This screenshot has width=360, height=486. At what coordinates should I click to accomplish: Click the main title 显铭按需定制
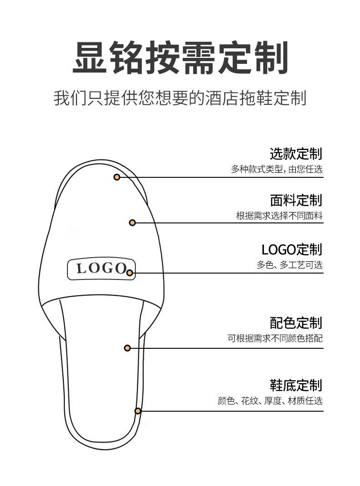180,58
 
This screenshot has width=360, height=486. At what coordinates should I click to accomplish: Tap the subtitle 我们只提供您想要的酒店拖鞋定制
180,98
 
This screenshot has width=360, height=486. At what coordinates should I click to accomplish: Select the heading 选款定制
296,154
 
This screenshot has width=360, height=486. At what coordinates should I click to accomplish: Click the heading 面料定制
296,200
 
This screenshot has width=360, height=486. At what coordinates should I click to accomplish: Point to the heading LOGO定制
292,249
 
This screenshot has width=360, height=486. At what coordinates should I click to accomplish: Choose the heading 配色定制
296,323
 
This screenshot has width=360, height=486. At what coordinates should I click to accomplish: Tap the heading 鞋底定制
296,385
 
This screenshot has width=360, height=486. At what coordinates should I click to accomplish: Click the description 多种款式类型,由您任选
277,169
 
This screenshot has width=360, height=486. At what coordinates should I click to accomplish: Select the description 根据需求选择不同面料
279,216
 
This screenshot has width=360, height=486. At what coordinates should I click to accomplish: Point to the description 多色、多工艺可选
289,265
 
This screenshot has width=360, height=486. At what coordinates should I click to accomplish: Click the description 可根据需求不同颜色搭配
275,338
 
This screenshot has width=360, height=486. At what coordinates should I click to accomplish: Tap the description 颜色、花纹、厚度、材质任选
270,401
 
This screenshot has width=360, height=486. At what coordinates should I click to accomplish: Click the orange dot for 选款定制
117,177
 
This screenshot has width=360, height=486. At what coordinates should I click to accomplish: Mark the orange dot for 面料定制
132,222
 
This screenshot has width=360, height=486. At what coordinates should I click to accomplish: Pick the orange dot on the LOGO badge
130,273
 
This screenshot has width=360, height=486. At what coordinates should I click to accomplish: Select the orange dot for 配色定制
128,348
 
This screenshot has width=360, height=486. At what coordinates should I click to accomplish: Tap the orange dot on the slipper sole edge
138,411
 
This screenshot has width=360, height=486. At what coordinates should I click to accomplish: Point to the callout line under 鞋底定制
237,411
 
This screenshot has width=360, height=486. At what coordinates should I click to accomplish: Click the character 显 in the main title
89,58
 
